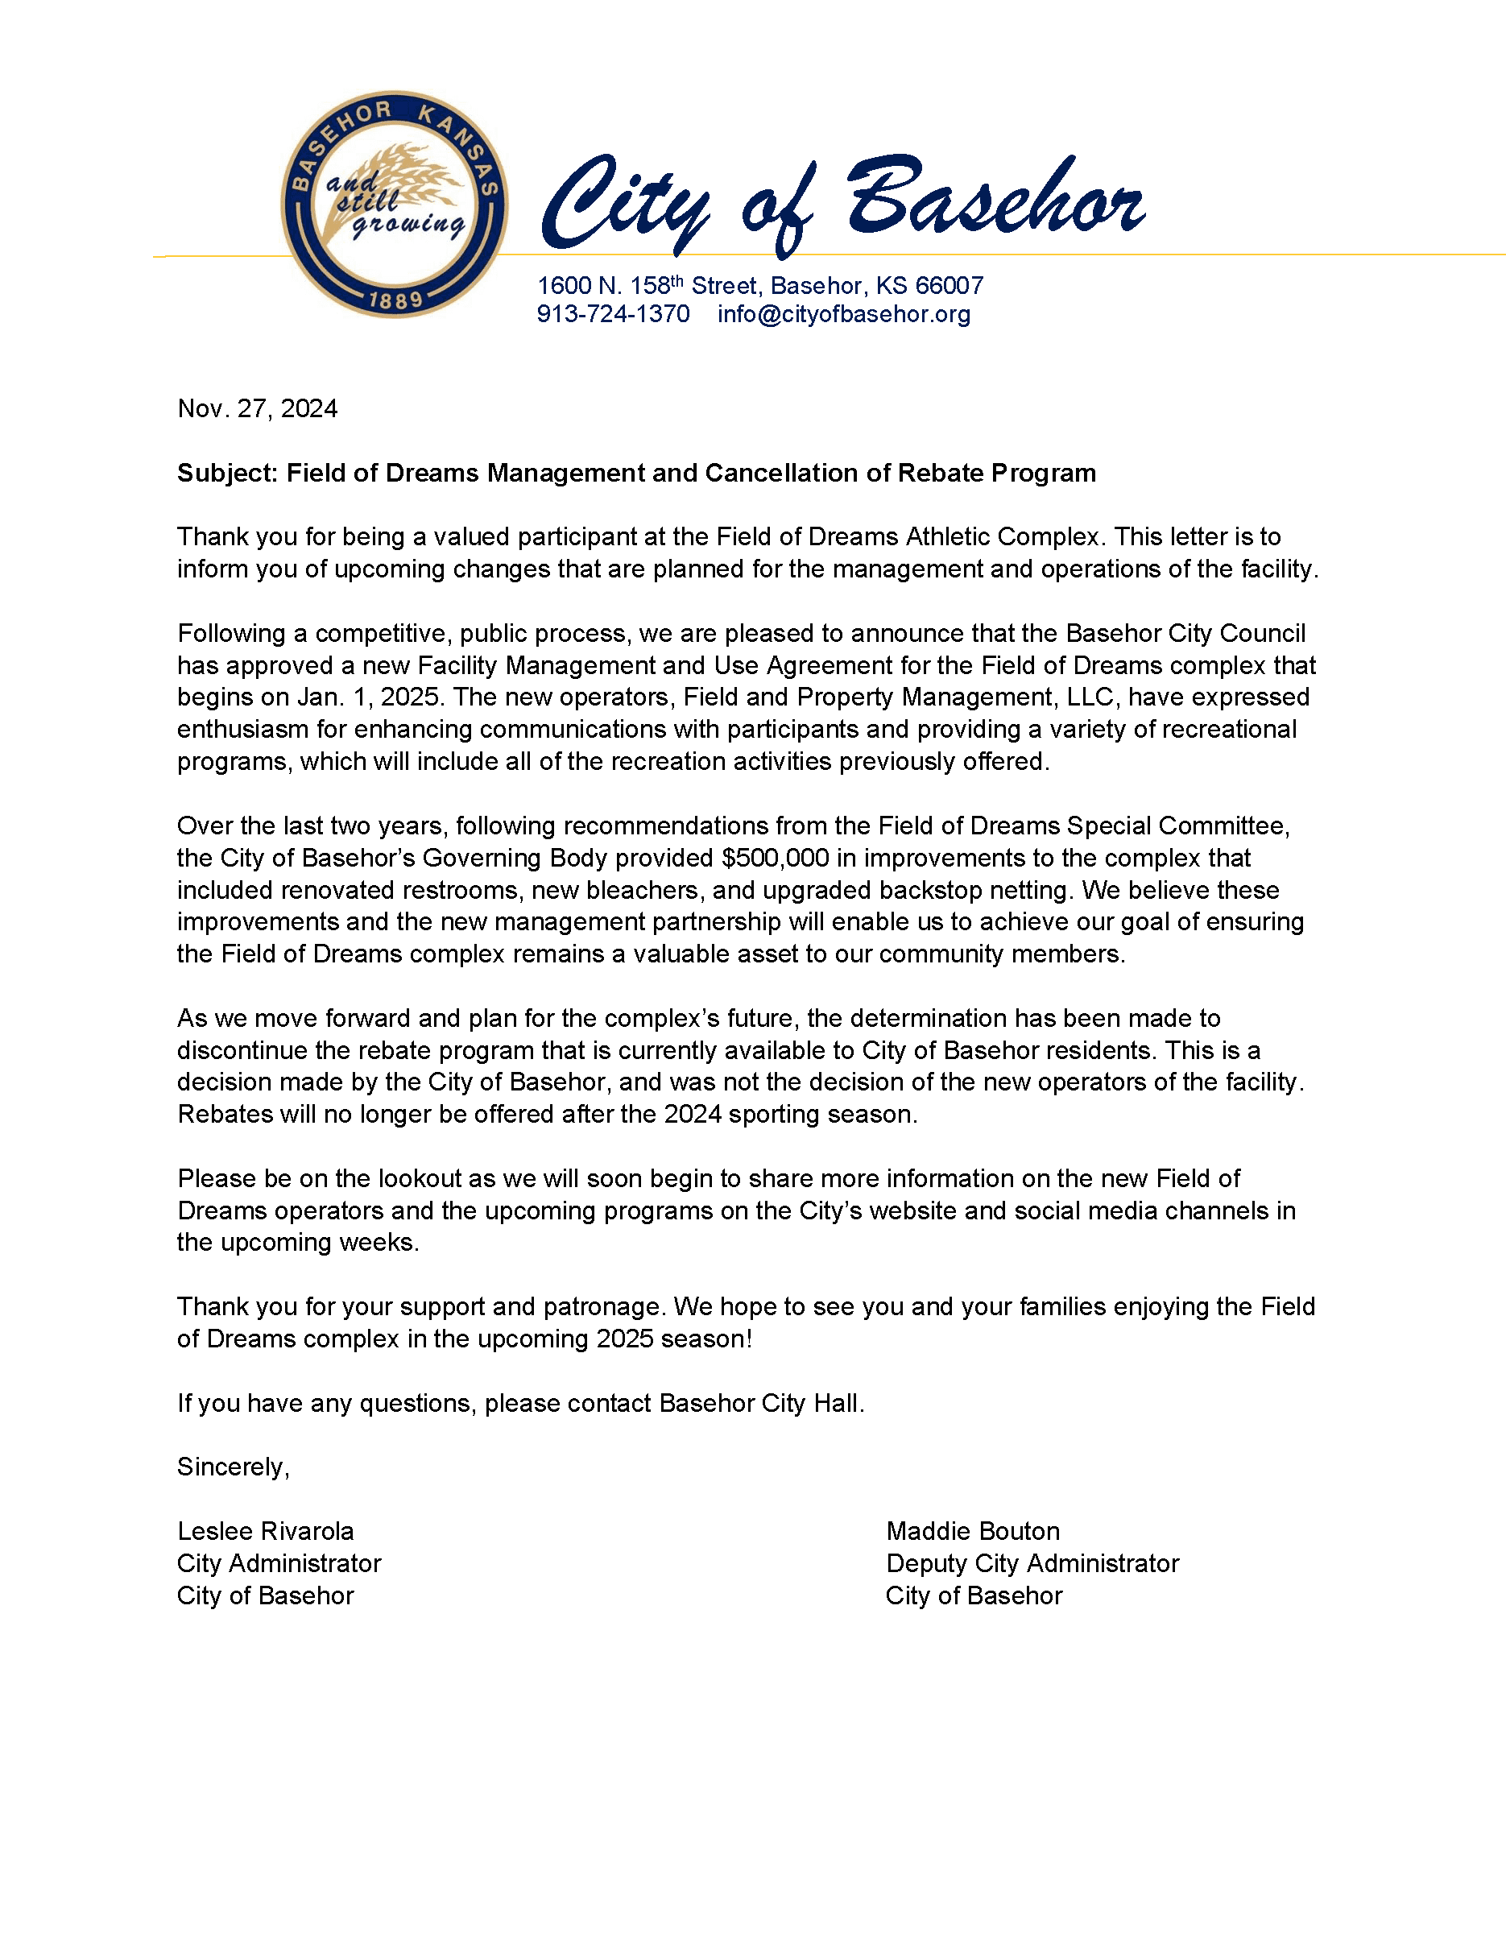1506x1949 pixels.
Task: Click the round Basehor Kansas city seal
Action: point(395,205)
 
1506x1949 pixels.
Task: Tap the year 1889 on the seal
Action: point(395,300)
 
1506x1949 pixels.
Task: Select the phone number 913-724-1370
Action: point(613,314)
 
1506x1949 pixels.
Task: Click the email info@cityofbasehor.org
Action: point(843,314)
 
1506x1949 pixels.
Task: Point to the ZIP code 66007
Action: point(950,286)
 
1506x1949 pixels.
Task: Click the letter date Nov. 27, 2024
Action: point(257,408)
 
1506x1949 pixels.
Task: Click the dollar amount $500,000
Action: point(775,858)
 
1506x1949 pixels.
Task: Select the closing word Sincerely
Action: point(233,1467)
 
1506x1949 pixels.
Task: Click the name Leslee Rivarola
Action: point(265,1531)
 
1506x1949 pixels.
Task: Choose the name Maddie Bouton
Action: point(973,1531)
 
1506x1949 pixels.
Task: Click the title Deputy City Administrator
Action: point(1032,1563)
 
